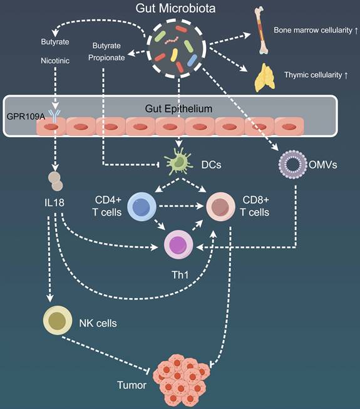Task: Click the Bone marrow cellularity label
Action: pos(311,29)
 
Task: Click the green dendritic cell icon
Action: pos(179,162)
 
